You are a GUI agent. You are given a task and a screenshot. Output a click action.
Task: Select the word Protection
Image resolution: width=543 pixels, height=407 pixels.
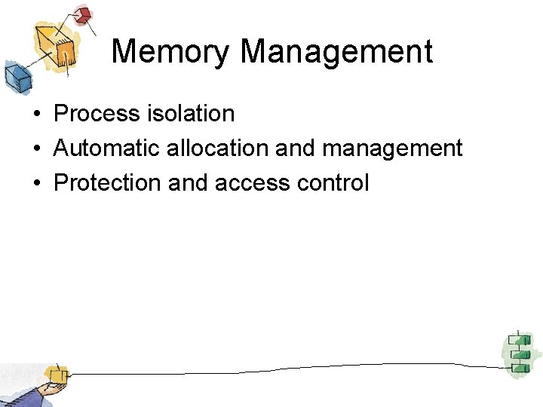coord(107,183)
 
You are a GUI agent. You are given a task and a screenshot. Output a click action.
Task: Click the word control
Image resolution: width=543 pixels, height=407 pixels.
coord(335,183)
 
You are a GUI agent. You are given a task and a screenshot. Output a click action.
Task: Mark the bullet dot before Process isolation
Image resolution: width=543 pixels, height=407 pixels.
coord(36,115)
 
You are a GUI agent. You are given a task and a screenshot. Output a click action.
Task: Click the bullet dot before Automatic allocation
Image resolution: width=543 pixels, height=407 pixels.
coord(36,149)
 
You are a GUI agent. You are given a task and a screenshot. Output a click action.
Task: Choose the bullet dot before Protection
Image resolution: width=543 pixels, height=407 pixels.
coord(36,184)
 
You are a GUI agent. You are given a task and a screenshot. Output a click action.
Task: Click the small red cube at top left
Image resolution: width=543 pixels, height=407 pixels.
coord(82,15)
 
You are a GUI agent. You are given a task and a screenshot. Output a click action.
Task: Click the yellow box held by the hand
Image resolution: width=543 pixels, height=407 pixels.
coord(56,375)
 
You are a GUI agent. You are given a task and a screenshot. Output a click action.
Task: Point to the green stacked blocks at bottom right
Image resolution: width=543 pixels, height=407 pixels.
coord(517,352)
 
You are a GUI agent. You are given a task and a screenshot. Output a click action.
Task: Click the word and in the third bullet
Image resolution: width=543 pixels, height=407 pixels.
coord(189,183)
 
